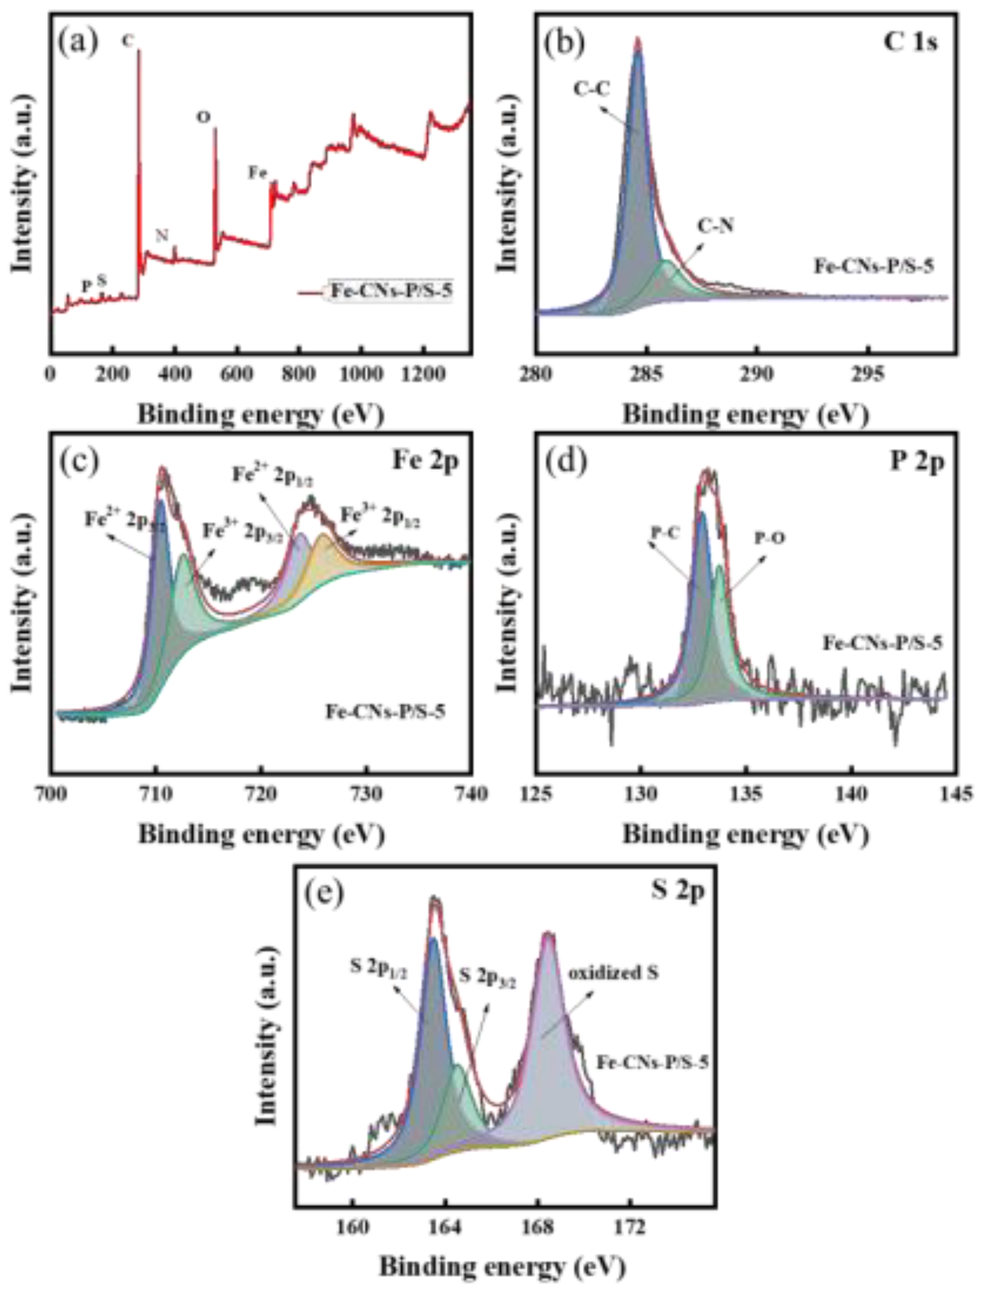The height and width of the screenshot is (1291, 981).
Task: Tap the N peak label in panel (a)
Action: tap(162, 235)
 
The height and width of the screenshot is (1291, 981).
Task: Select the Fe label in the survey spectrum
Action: tap(258, 173)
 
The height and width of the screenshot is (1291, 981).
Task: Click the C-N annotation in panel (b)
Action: tap(716, 226)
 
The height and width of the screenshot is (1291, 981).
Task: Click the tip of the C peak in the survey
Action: tap(139, 52)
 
